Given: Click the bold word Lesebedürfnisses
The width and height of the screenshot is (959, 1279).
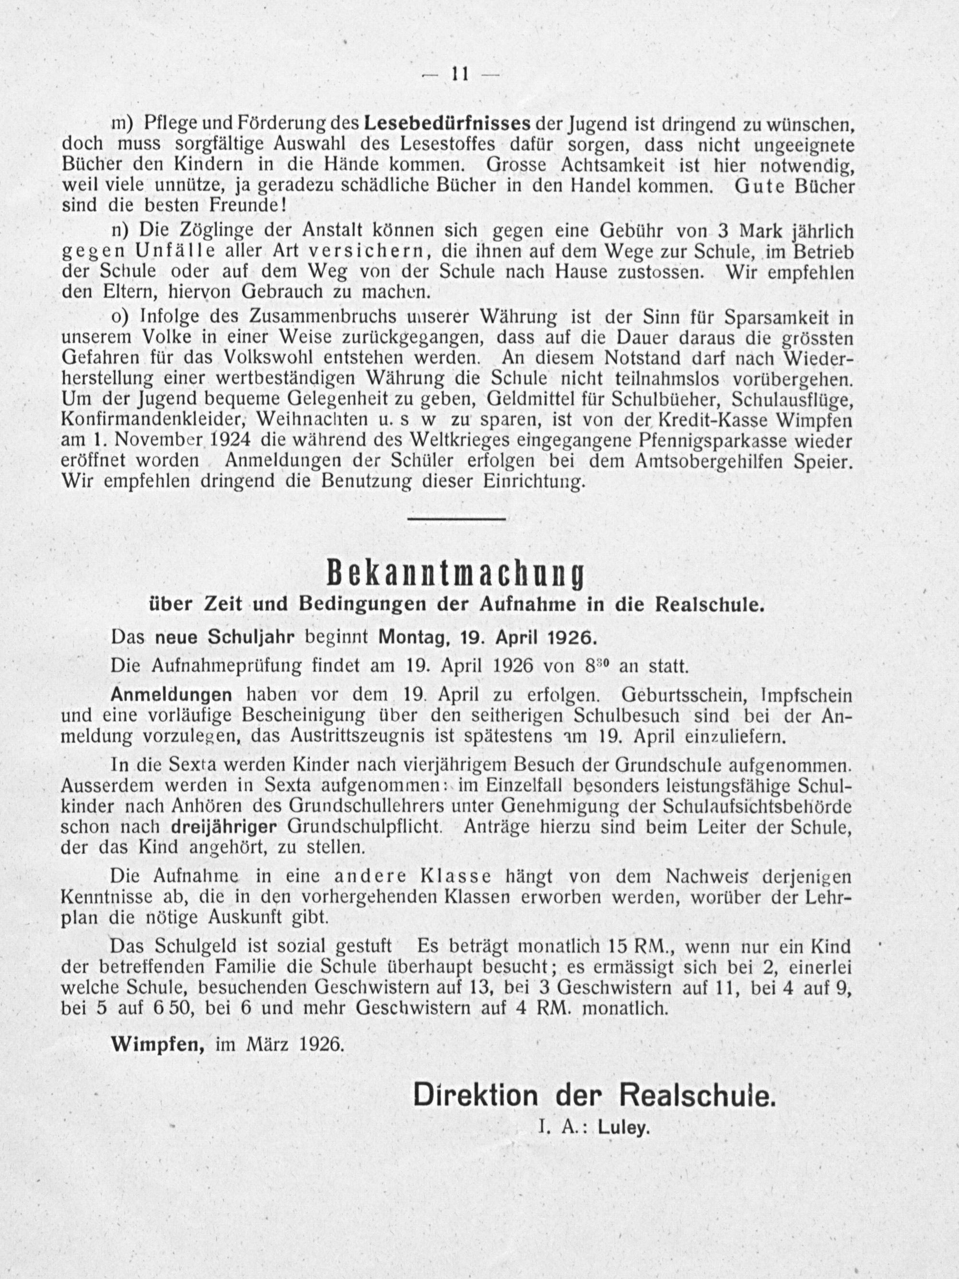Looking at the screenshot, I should tap(448, 124).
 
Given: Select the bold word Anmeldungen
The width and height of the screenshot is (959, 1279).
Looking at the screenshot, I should tap(171, 695).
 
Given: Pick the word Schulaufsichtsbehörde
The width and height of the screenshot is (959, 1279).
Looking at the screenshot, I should tap(758, 806).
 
